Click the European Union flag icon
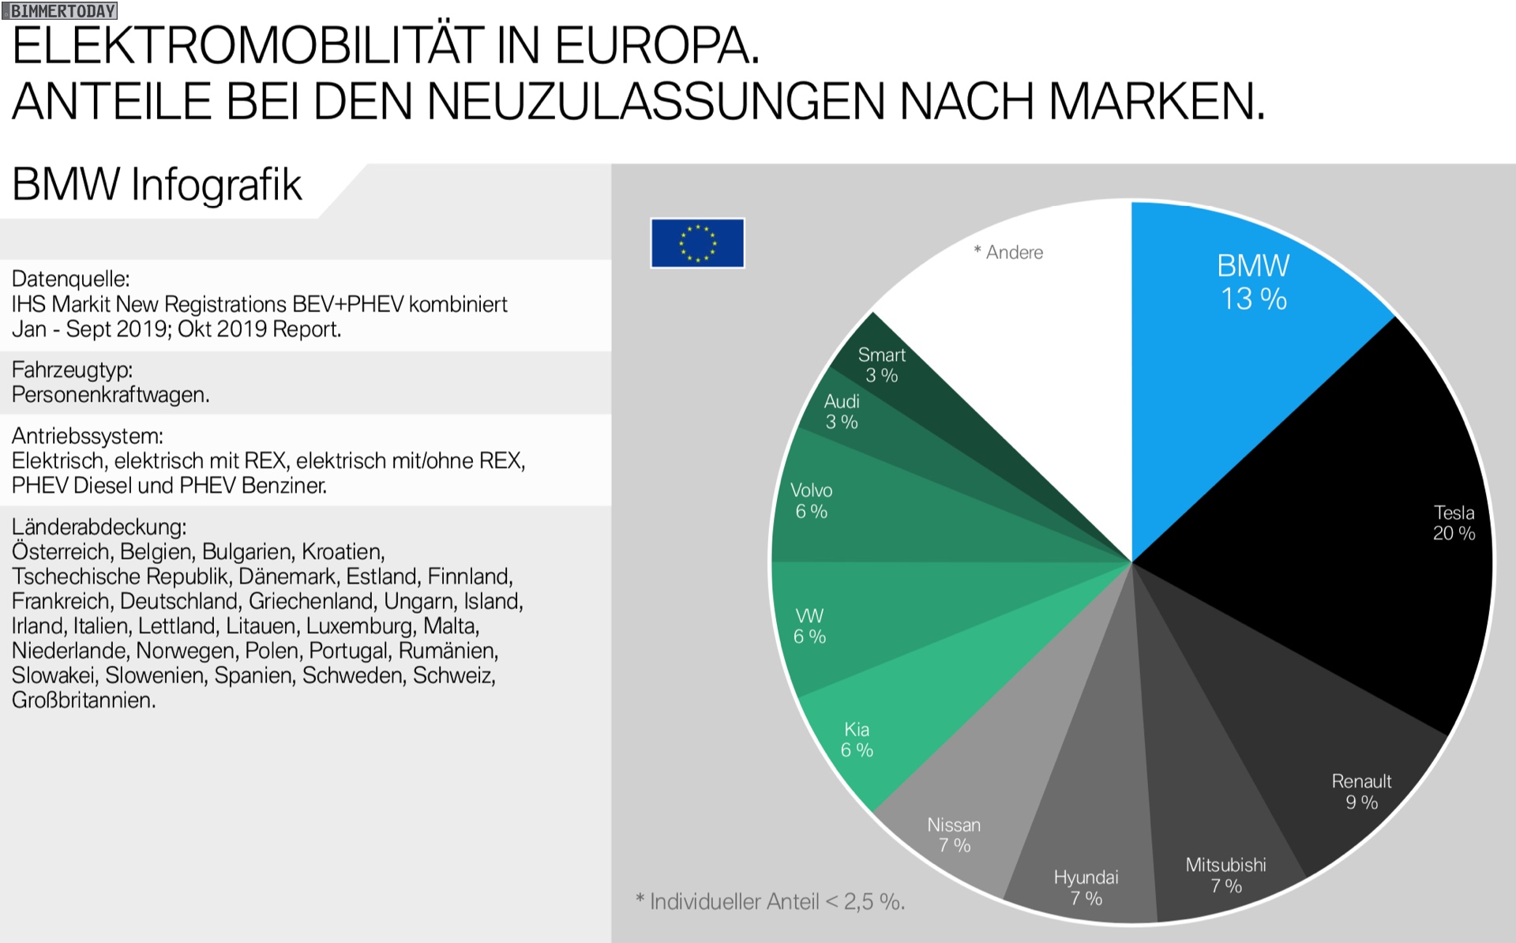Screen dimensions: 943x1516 tap(697, 243)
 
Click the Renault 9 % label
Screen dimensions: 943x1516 tap(1361, 791)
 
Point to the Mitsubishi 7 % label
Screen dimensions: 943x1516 tap(1225, 875)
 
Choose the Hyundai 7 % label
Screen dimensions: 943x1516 tap(1086, 888)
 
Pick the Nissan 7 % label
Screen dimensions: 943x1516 tap(954, 835)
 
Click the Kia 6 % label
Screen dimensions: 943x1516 tap(857, 740)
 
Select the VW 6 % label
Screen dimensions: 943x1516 tap(809, 626)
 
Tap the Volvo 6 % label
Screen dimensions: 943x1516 tap(811, 501)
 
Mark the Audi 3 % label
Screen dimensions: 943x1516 tap(842, 411)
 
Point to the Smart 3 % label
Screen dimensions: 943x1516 tap(881, 365)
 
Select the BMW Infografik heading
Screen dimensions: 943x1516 tap(156, 185)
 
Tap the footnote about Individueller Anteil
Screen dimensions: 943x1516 tap(770, 901)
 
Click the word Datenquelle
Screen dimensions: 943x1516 tap(70, 279)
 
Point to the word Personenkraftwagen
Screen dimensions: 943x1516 tap(111, 395)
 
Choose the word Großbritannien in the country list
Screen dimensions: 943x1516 tap(83, 701)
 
